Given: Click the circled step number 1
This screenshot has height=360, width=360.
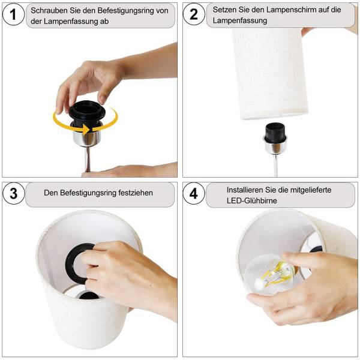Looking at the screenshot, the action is click(x=13, y=14).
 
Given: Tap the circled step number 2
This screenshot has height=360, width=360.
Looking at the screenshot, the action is click(x=194, y=14).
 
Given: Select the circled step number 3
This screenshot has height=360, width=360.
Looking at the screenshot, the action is click(x=13, y=194).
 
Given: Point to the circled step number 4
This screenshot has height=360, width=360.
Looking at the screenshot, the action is click(x=194, y=194).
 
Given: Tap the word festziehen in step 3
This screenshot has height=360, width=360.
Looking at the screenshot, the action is click(x=136, y=193).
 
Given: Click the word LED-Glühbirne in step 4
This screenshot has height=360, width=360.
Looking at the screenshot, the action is click(x=251, y=200).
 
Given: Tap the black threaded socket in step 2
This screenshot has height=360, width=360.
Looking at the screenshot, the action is click(x=275, y=132).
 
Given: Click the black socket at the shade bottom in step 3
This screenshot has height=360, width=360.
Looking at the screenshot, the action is click(x=89, y=295).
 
